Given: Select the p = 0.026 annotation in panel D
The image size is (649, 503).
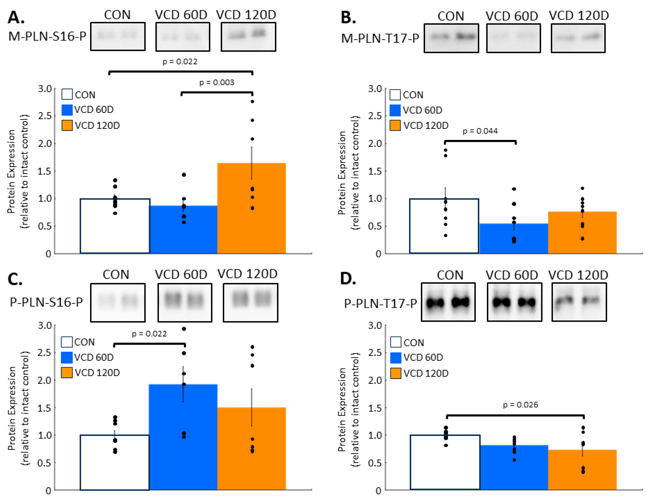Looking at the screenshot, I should pyautogui.click(x=520, y=405).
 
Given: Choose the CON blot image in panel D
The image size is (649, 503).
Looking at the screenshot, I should pyautogui.click(x=448, y=302).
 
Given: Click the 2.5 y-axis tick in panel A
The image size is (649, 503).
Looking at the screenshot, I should pyautogui.click(x=45, y=116).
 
